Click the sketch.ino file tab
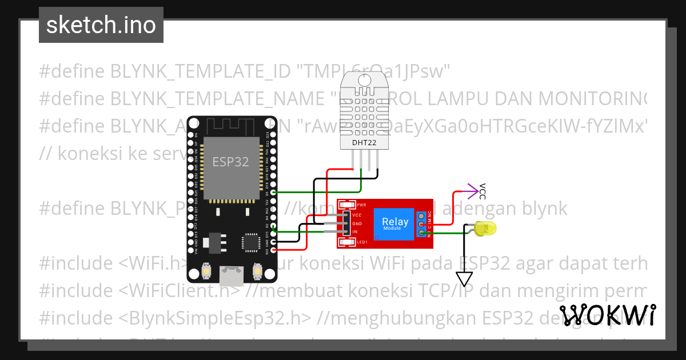click(101, 25)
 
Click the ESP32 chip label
click(230, 162)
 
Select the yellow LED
click(485, 230)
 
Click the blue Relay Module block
click(395, 223)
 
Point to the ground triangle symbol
click(464, 279)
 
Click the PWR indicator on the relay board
click(346, 205)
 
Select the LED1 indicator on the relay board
click(346, 243)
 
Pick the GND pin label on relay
click(357, 223)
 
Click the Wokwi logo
click(608, 315)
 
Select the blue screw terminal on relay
click(421, 223)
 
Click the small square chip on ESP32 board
click(251, 242)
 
